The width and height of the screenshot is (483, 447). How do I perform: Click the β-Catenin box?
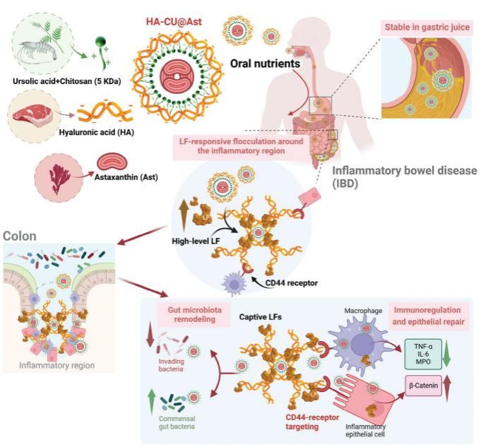click(x=423, y=387)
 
